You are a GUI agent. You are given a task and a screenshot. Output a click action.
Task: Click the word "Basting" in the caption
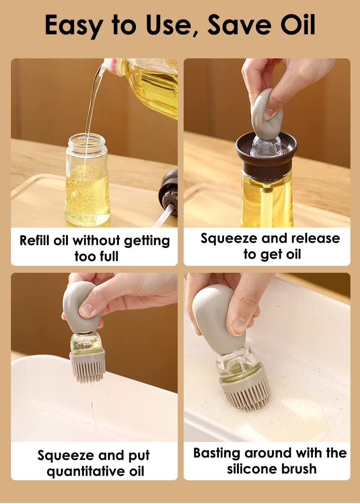pos(217,453)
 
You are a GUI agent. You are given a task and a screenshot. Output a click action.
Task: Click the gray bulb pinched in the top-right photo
pos(267,114)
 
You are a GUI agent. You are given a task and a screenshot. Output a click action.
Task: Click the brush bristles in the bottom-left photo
pos(87,367)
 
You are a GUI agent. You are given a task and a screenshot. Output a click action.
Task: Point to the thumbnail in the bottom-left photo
pos(86,310)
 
